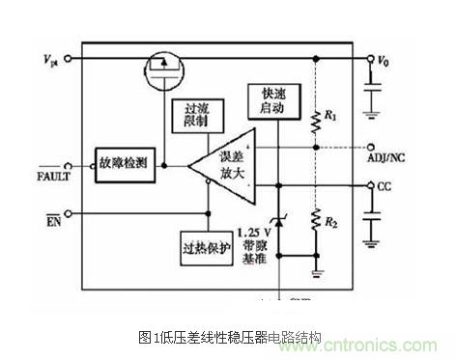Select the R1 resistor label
329,117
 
